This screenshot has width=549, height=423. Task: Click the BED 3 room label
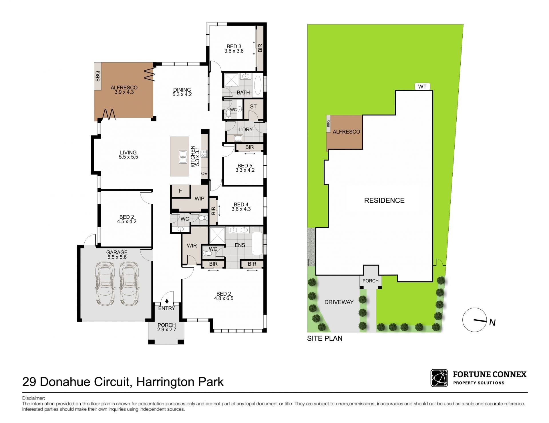[x=234, y=46]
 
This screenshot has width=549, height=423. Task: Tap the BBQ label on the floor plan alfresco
[x=98, y=76]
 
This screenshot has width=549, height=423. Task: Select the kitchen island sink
[x=183, y=157]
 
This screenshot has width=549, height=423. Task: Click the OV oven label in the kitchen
[x=204, y=173]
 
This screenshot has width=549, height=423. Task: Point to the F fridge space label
[x=180, y=191]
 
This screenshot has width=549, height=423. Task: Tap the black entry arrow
[x=167, y=301]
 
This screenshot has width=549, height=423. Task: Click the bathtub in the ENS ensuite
[x=257, y=243]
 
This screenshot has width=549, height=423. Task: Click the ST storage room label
[x=253, y=107]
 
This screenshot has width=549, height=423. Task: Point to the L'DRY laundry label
[x=246, y=129]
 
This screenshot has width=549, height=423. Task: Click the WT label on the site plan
[x=422, y=87]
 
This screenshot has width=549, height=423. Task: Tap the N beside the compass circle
[x=492, y=322]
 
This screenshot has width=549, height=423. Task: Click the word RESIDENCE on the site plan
[x=384, y=201]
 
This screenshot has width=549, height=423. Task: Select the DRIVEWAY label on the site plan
[x=339, y=302]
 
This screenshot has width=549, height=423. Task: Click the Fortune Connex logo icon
[x=439, y=378]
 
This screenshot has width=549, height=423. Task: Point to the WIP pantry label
[x=200, y=199]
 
